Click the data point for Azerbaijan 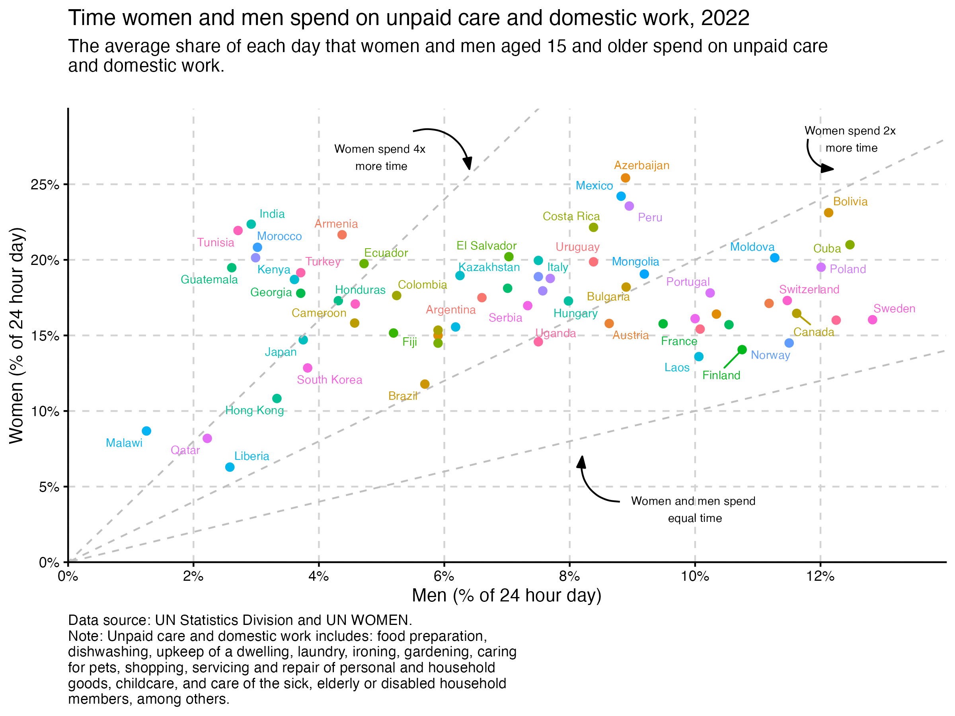coord(625,178)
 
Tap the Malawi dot coord(146,431)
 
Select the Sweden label coord(894,309)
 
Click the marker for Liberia coord(230,467)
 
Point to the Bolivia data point coord(828,212)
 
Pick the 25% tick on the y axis coord(45,185)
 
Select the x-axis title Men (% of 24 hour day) coord(507,595)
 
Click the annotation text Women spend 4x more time coord(380,158)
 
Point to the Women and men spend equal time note coord(693,510)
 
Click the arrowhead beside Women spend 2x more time coord(828,168)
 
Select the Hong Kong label coord(255,411)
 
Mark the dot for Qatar coord(207,438)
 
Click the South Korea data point coord(308,368)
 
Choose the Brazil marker coord(425,384)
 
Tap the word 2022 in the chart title coord(725,18)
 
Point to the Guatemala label coord(209,280)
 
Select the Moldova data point coord(774,258)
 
